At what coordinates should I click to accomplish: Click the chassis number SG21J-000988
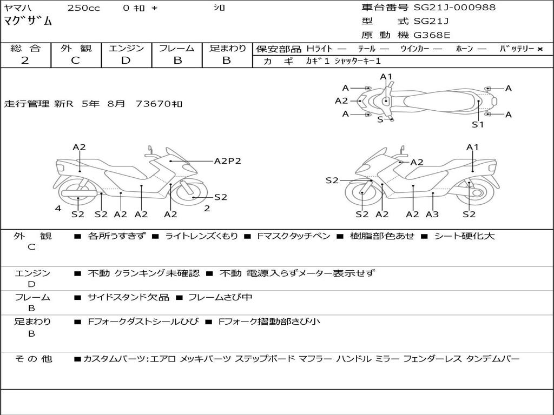tap(454, 8)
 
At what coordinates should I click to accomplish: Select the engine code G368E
tap(432, 35)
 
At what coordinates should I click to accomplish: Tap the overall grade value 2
tap(25, 60)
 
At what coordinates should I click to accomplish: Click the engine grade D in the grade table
tap(126, 60)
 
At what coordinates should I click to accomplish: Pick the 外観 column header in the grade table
tap(76, 48)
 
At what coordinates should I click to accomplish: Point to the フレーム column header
tap(176, 48)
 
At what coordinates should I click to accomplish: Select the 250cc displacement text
tap(83, 8)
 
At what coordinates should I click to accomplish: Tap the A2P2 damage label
tap(227, 161)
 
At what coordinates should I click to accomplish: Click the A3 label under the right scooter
tap(432, 215)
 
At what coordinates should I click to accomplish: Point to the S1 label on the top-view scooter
tap(477, 124)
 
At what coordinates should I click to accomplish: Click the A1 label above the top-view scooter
tap(386, 77)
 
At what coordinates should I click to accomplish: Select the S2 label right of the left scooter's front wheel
tap(221, 197)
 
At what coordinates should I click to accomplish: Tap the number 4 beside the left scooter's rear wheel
tap(57, 209)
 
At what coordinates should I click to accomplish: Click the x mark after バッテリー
tap(539, 49)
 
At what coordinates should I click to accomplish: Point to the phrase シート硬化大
tap(465, 236)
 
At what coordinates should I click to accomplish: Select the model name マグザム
tap(28, 22)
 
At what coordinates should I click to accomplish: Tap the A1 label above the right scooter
tap(472, 148)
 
